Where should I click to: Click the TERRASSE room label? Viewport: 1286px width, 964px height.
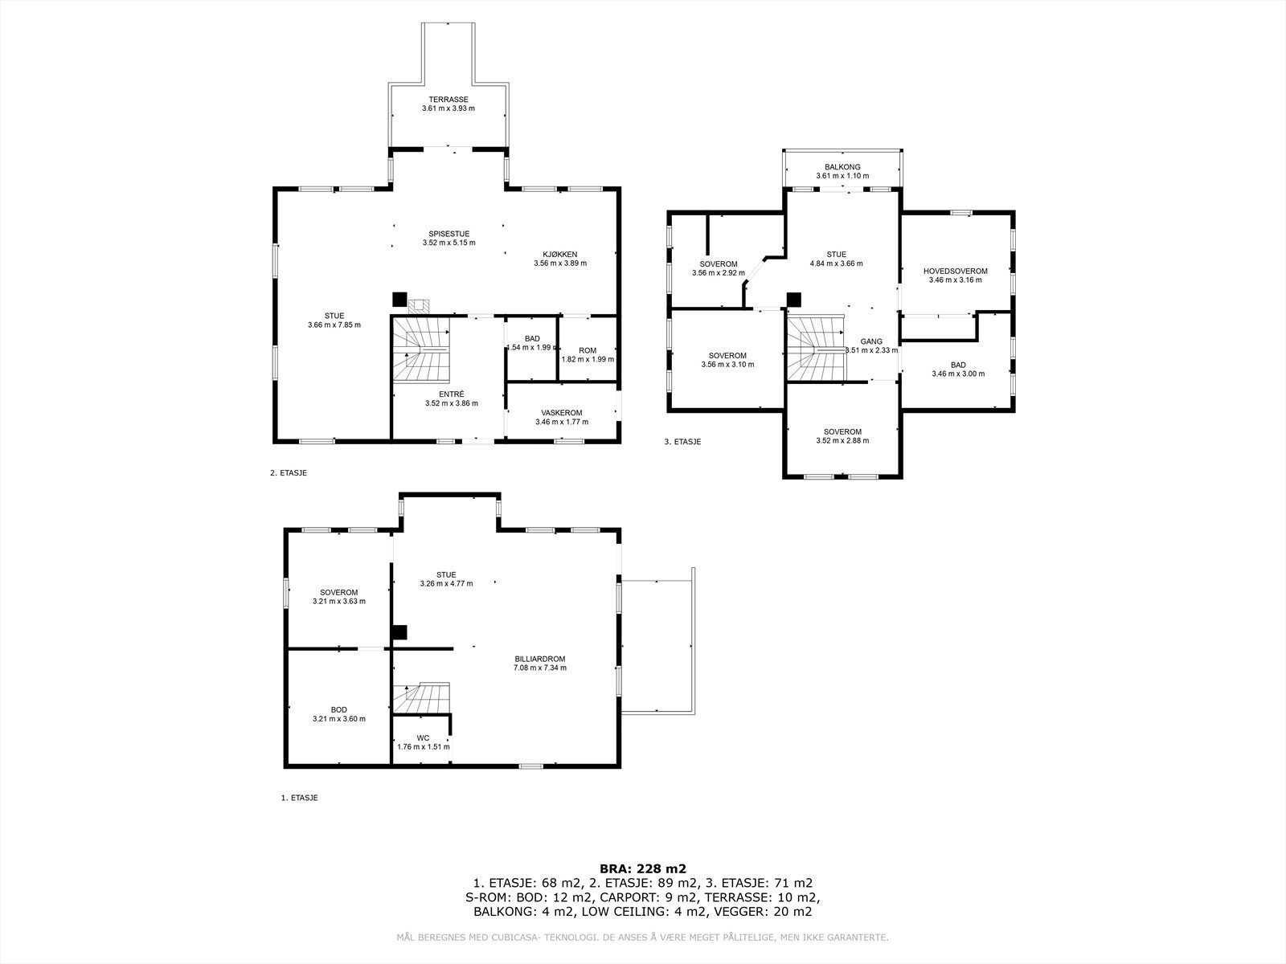(448, 100)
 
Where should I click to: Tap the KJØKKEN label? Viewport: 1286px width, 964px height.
(559, 255)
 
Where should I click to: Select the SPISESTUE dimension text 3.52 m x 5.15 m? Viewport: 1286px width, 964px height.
(448, 243)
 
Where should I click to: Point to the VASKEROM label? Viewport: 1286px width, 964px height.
(561, 413)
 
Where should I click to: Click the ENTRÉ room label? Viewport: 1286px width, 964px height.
(451, 394)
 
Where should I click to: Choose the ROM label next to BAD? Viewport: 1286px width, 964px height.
(587, 350)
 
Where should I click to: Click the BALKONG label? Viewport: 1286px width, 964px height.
(842, 167)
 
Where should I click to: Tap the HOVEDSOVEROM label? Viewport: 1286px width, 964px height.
(955, 271)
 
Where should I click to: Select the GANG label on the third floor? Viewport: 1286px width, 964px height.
(871, 341)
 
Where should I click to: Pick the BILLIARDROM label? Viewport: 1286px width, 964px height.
(539, 659)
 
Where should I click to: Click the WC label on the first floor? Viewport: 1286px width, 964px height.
(423, 737)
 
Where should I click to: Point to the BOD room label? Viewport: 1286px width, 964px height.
(338, 710)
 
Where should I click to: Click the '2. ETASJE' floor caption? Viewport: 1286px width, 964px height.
(289, 473)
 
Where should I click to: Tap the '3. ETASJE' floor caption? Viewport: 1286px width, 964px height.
(682, 442)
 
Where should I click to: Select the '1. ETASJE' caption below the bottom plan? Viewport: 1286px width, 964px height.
(299, 798)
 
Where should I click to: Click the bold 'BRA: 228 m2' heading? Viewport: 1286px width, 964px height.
(643, 868)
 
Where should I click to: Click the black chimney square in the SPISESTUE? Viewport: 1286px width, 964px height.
(399, 299)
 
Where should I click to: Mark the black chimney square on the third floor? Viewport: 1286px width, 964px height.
(793, 299)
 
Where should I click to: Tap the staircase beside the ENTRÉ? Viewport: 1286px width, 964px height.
(420, 349)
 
